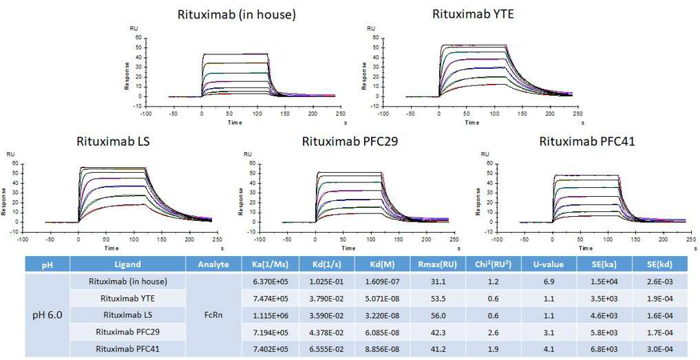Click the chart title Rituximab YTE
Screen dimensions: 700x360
pos(474,14)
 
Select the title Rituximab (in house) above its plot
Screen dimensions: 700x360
pos(237,14)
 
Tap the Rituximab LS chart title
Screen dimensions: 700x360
pos(114,142)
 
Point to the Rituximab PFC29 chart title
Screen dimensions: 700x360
pos(350,142)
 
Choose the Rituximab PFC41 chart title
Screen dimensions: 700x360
pos(587,142)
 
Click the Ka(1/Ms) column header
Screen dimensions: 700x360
pos(270,264)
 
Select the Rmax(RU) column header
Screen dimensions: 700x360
pos(438,264)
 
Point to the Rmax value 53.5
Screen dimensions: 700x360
pos(438,298)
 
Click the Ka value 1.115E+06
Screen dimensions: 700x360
pos(270,315)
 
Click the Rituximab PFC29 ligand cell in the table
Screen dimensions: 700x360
pos(127,332)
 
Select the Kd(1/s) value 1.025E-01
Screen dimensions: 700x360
pos(326,282)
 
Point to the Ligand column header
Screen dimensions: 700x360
pos(127,264)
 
